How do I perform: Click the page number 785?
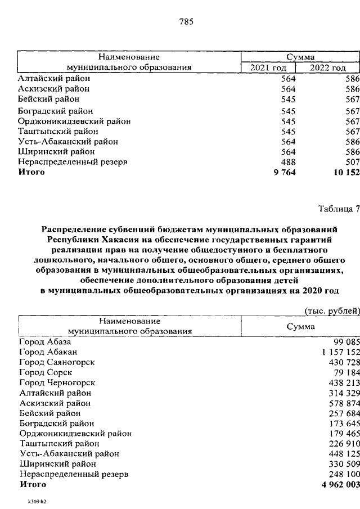(186, 22)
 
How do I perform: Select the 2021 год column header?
(268, 67)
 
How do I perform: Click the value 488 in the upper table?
(288, 162)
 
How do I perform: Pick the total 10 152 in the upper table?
(342, 172)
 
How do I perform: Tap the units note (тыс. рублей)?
(331, 310)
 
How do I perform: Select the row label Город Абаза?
(45, 341)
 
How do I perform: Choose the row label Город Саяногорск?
(56, 362)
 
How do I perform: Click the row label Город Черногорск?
(57, 382)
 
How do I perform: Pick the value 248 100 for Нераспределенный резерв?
(341, 474)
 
